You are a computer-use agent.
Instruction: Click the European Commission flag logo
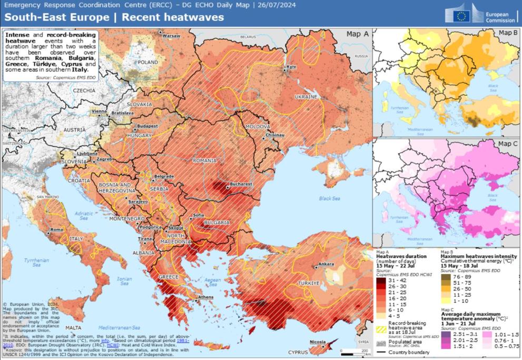click(x=462, y=15)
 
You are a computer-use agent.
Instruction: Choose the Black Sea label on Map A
click(x=330, y=198)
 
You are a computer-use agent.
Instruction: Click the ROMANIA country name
click(x=205, y=161)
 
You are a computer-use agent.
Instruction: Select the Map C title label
click(x=508, y=143)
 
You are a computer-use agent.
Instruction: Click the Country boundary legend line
click(x=382, y=352)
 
